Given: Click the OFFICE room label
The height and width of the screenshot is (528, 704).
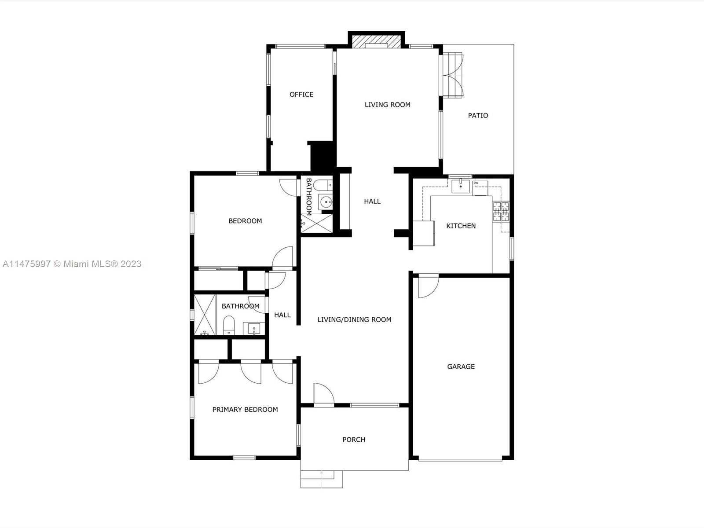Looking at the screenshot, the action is [301, 95].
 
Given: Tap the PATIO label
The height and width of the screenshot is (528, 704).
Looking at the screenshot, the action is [478, 115].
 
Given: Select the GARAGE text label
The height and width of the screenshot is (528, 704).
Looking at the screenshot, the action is [461, 367].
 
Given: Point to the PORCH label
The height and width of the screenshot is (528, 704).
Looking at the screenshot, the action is [354, 440].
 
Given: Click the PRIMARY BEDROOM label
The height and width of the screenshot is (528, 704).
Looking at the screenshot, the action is [245, 409].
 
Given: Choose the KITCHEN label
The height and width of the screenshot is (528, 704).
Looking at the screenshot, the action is [461, 226].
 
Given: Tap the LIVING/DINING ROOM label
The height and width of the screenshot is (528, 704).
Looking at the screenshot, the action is [354, 319].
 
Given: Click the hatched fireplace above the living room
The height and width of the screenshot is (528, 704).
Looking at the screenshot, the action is [377, 41].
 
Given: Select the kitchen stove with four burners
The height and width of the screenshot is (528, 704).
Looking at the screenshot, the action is [501, 211].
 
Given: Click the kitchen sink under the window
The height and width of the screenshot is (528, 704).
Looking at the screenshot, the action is [461, 186].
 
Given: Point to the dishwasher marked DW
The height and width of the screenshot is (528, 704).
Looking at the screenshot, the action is [480, 188].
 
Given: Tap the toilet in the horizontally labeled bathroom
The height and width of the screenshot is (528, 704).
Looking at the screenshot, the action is [229, 325].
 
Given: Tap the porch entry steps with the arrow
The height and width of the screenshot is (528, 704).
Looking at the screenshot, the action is [322, 479].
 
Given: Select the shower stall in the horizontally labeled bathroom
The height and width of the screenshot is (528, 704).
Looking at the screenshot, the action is [205, 315].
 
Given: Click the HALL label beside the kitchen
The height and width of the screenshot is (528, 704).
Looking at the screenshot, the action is [372, 202].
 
